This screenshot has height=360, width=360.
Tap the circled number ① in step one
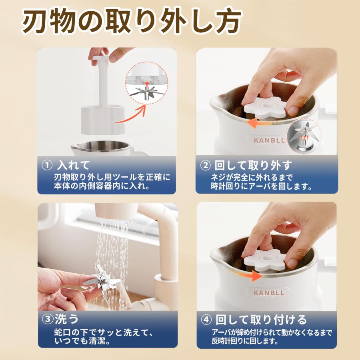(47, 165)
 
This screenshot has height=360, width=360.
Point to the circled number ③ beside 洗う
(47, 319)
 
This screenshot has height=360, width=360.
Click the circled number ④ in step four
(206, 320)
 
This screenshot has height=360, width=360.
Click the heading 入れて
(73, 165)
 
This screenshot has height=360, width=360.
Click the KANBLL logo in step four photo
(269, 292)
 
